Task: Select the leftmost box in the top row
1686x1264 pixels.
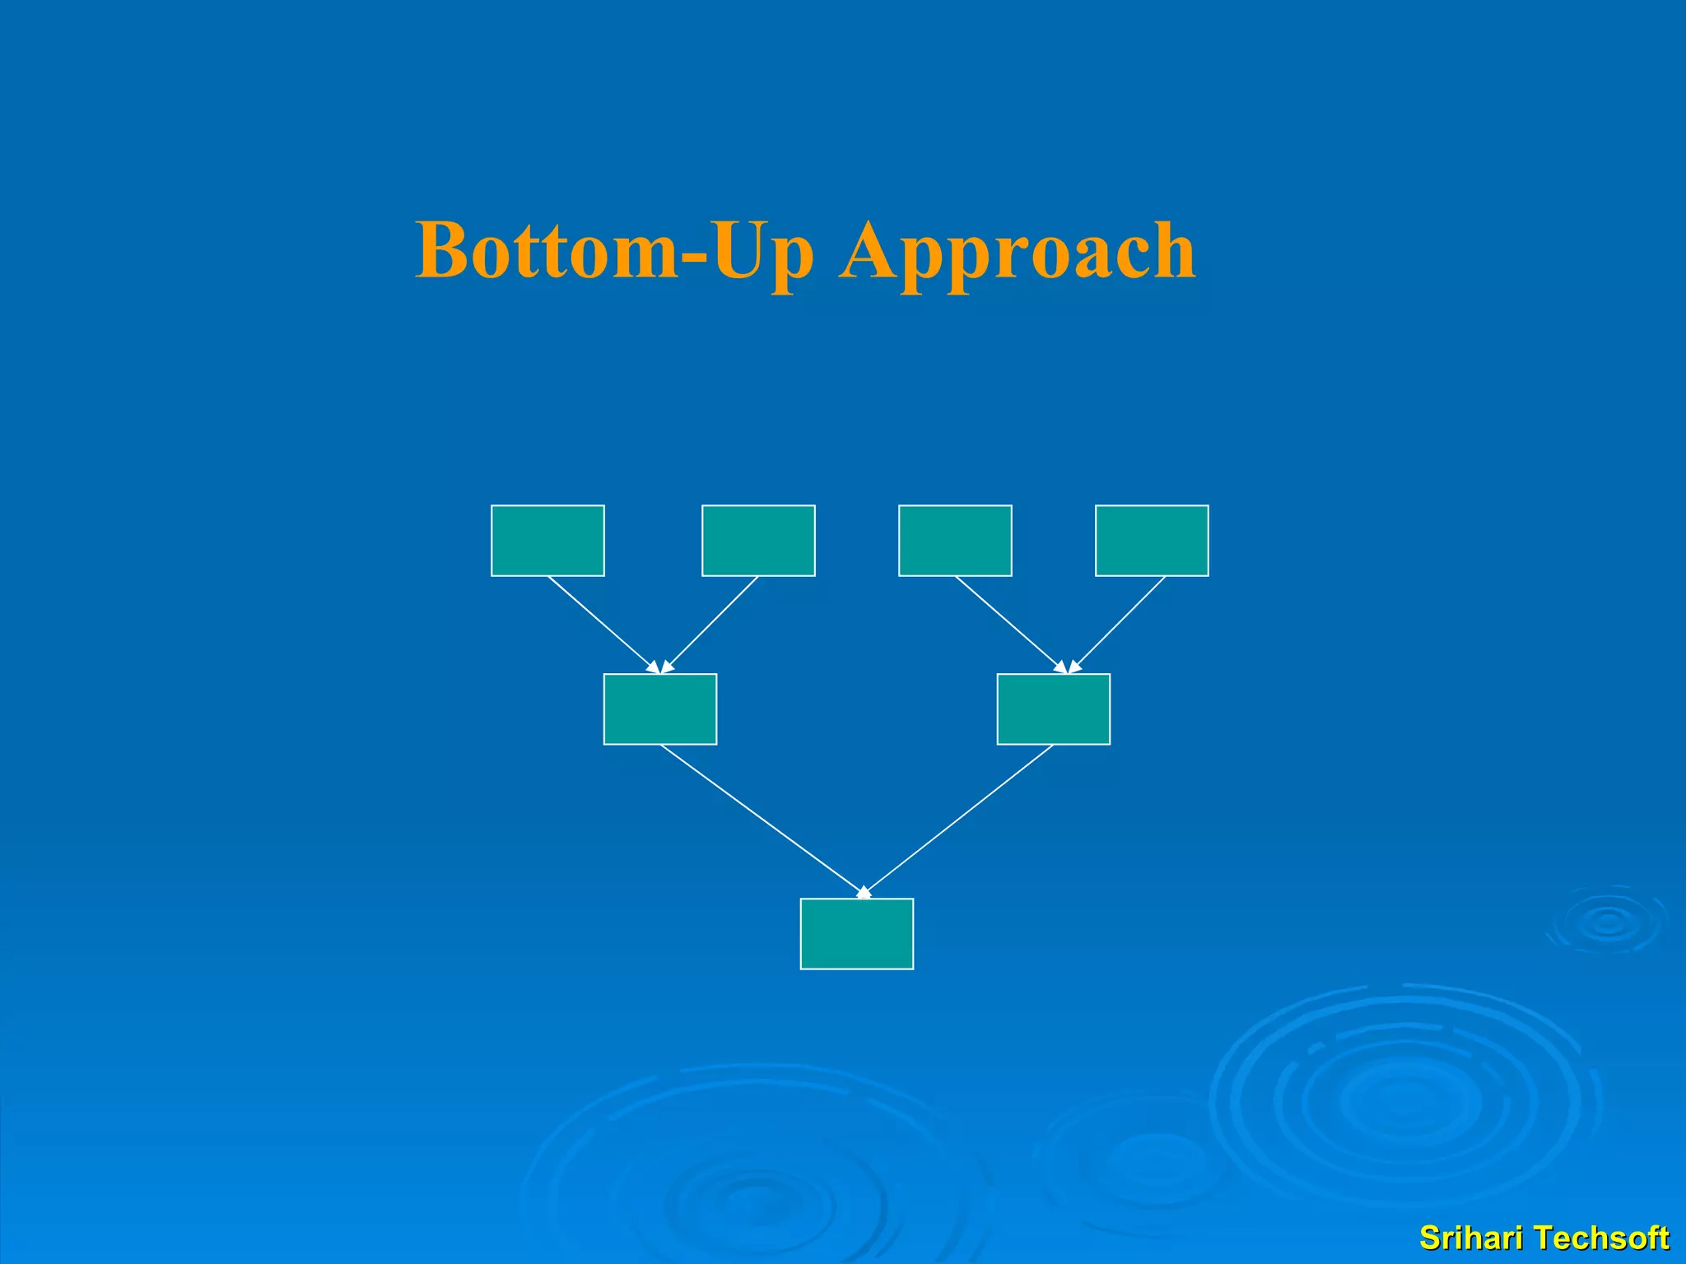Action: tap(547, 541)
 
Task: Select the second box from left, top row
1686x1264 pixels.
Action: tap(758, 541)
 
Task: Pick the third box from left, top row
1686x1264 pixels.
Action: tap(955, 541)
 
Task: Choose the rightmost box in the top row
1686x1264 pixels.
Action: tap(1152, 541)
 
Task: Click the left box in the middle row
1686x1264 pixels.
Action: tap(660, 709)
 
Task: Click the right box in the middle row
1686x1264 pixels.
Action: tap(1053, 709)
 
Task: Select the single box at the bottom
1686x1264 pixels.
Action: tap(856, 934)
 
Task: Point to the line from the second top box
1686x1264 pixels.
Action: tap(711, 623)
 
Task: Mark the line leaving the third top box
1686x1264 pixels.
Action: tap(1008, 623)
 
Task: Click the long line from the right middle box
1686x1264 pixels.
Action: tap(959, 819)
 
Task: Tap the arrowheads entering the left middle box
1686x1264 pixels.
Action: tap(660, 667)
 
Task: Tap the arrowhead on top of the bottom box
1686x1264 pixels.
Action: tap(864, 892)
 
